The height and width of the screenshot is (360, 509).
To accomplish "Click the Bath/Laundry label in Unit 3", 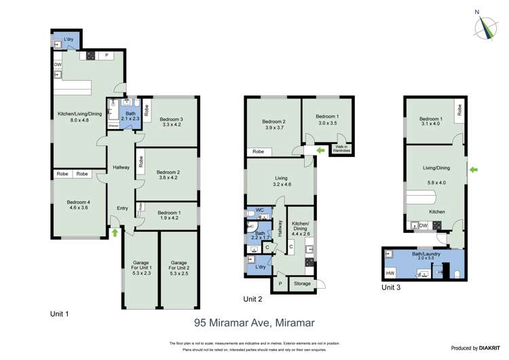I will click(x=426, y=255).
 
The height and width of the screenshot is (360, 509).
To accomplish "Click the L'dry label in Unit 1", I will click(x=69, y=39).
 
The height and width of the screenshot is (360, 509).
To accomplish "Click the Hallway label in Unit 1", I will click(x=121, y=167).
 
